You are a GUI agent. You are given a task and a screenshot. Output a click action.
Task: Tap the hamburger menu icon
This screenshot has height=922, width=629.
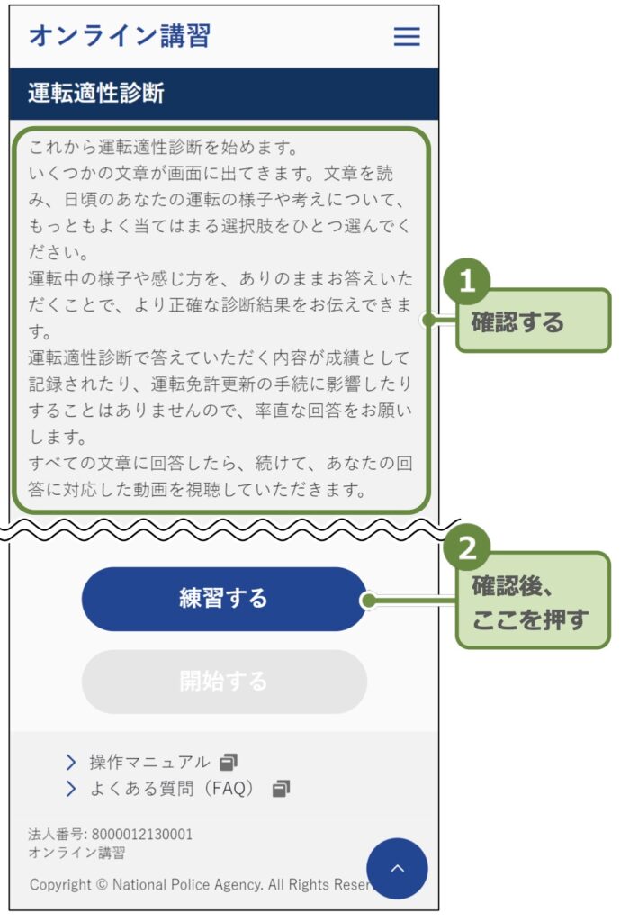pos(407,36)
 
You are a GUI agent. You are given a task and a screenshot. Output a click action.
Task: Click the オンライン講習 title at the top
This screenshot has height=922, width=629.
pos(120,36)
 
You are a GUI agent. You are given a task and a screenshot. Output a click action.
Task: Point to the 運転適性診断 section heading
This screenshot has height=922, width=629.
pos(96,93)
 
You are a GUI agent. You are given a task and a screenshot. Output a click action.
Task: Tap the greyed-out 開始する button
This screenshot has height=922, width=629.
pos(224,682)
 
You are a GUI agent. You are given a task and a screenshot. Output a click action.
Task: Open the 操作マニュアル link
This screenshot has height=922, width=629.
pos(149,763)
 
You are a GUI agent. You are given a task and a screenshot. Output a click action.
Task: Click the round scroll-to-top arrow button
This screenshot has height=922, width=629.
pos(397,869)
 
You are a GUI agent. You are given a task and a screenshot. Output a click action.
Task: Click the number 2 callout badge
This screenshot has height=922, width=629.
pos(467,547)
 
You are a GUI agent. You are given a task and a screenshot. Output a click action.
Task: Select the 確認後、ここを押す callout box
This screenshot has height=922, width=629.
pos(533,603)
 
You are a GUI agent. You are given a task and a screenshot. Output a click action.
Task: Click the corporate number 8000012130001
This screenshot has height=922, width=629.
pos(141,835)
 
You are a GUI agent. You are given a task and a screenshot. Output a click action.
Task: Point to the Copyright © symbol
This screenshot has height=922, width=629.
pos(102,884)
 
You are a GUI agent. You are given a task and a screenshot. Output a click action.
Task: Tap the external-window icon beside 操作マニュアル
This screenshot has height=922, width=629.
pos(229,763)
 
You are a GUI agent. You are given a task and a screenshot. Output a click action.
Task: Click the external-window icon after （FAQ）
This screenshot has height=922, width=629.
pos(282,790)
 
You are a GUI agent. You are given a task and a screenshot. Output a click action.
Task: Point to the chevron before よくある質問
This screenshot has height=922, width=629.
pos(71,790)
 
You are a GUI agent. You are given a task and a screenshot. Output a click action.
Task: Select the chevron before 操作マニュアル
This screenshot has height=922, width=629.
pos(71,763)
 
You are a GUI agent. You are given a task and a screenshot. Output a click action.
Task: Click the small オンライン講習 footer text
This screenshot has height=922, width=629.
pos(76,853)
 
